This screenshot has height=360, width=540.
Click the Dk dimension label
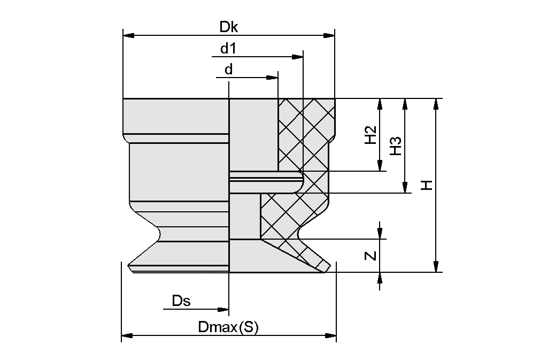coord(228,27)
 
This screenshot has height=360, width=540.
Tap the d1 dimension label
coord(228,49)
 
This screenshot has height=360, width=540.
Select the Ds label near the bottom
coord(181,301)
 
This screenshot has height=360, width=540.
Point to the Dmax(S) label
coord(228,327)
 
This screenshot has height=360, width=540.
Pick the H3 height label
coord(395,145)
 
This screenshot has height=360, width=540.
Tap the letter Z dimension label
coord(370,256)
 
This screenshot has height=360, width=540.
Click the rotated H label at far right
coord(426,185)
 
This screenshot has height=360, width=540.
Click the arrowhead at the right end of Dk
coord(330,36)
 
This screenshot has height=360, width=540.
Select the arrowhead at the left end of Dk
coord(128,36)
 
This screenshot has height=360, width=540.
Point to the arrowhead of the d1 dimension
coord(298,56)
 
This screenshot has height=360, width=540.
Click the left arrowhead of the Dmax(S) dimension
coord(127,336)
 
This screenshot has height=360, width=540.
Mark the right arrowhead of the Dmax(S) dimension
coord(331,336)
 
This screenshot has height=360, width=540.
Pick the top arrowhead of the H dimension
coord(436,104)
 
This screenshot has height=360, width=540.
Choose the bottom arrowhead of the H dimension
coord(436,266)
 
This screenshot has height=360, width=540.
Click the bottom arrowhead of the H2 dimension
coord(380,166)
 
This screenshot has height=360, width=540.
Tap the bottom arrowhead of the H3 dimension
coord(405,187)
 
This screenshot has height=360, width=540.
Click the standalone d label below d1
coord(228,70)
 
